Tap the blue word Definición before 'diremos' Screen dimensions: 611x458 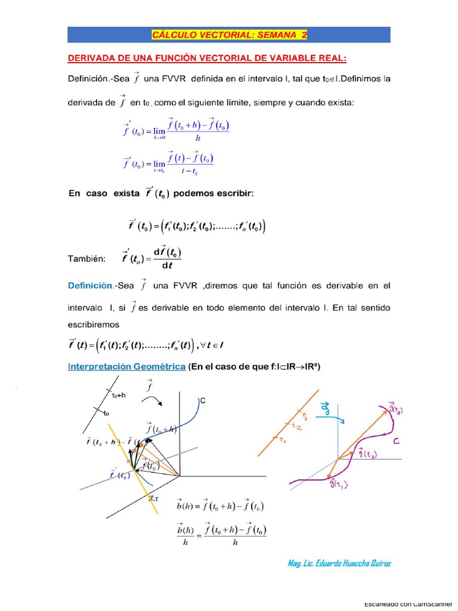click(91, 286)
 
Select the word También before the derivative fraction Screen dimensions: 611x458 click(87, 258)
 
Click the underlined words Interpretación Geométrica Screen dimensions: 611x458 click(127, 367)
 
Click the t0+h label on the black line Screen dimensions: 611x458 click(119, 395)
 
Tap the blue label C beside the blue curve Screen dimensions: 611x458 click(202, 402)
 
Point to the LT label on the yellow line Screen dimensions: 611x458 click(153, 499)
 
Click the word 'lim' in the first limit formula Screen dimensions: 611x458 click(159, 131)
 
